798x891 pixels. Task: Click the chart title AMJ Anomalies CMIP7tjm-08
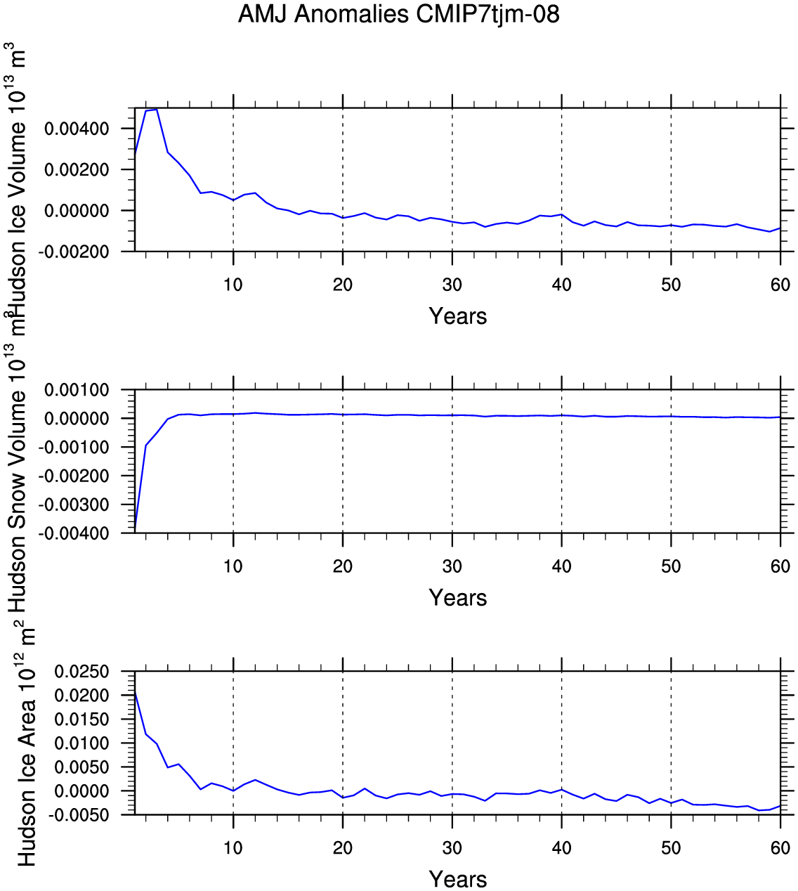(398, 15)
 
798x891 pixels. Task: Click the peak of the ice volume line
(157, 110)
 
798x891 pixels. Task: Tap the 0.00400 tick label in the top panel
(77, 129)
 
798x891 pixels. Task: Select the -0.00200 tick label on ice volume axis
(74, 252)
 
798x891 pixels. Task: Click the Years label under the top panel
(458, 316)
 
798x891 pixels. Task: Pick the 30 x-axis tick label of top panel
(452, 285)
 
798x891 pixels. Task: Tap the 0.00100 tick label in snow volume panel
(77, 390)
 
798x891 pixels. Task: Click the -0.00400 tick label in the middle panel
(74, 533)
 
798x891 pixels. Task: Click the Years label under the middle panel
(458, 598)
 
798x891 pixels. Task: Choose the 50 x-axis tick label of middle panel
(671, 566)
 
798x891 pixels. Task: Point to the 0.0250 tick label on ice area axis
(81, 672)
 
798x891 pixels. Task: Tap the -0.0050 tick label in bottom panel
(78, 815)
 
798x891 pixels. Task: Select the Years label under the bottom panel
(458, 879)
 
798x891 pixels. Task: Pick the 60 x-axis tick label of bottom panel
(780, 848)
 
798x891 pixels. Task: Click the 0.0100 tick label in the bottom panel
(81, 743)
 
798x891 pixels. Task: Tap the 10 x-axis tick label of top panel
(233, 285)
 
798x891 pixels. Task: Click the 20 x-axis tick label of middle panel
(343, 566)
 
